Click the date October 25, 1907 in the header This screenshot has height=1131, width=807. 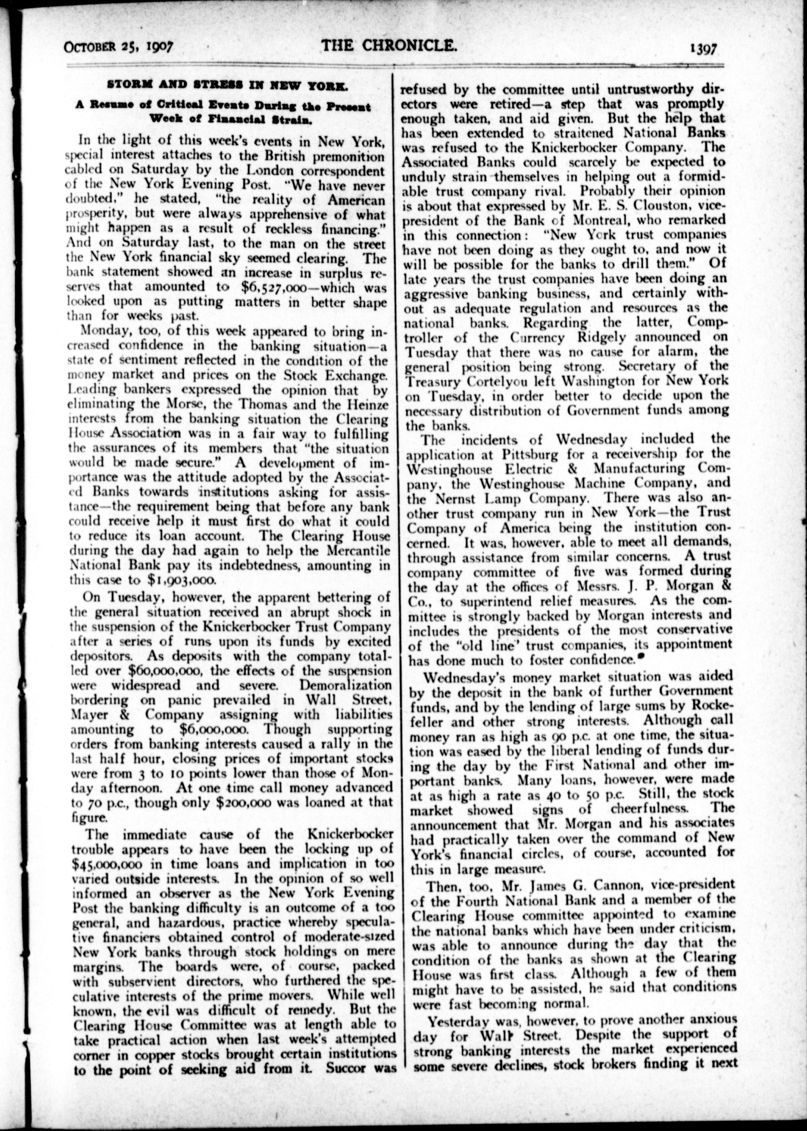click(x=118, y=47)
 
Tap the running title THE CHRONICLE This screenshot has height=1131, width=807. click(x=389, y=46)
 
